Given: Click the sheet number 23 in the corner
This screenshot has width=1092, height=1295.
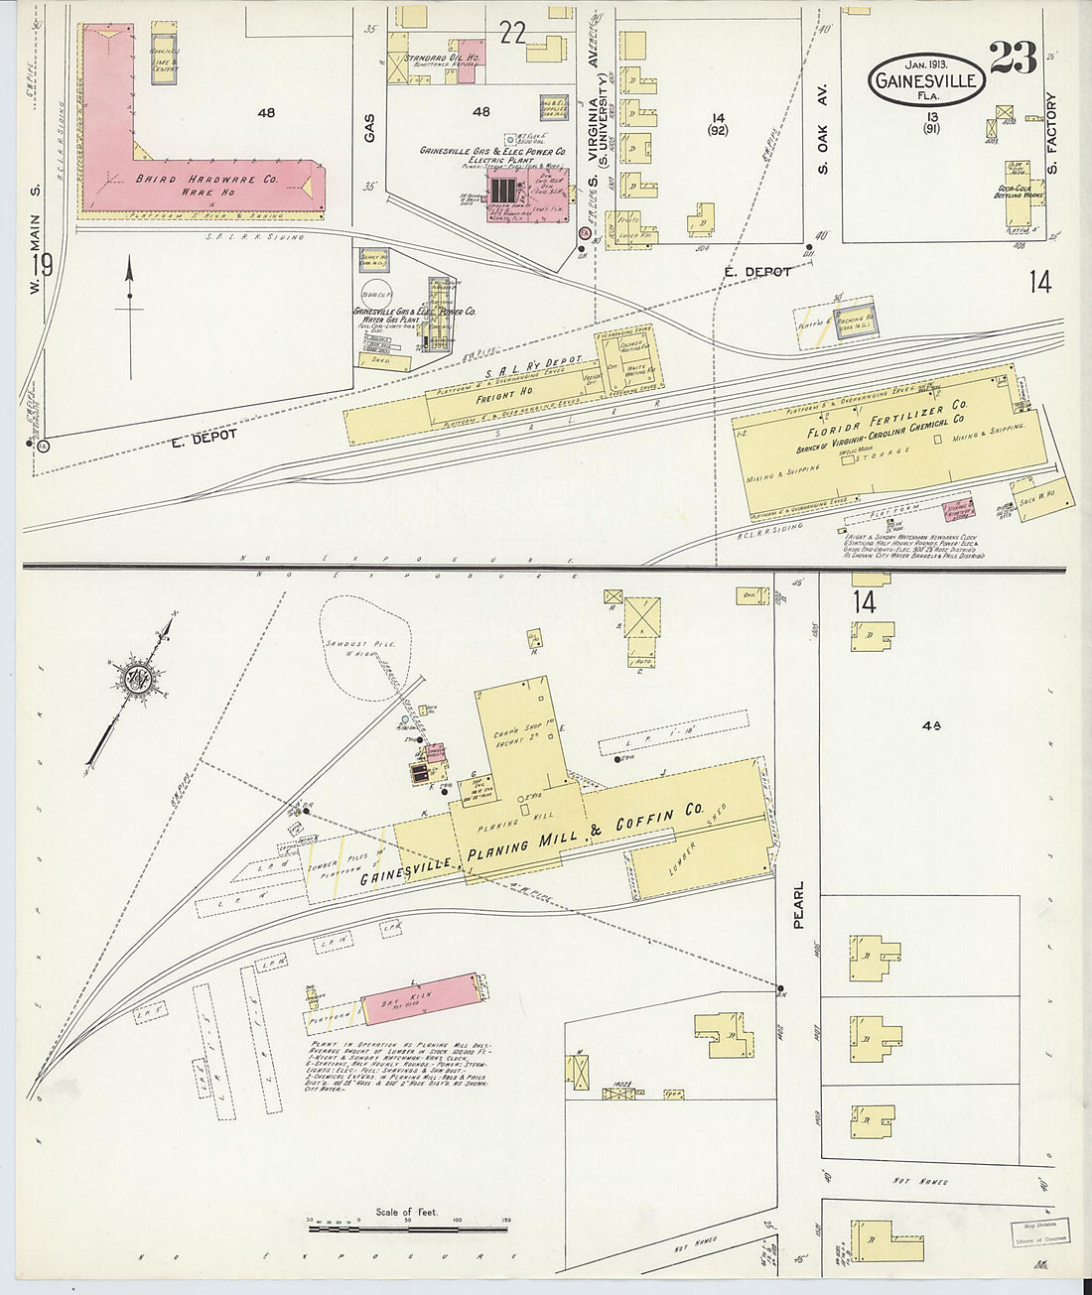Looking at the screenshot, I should (x=1014, y=61).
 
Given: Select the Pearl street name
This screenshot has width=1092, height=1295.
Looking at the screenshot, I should (x=798, y=904).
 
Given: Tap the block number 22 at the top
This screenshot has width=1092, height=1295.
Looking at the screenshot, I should (x=512, y=34).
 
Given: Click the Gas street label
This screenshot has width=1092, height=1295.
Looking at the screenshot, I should (x=369, y=127).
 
